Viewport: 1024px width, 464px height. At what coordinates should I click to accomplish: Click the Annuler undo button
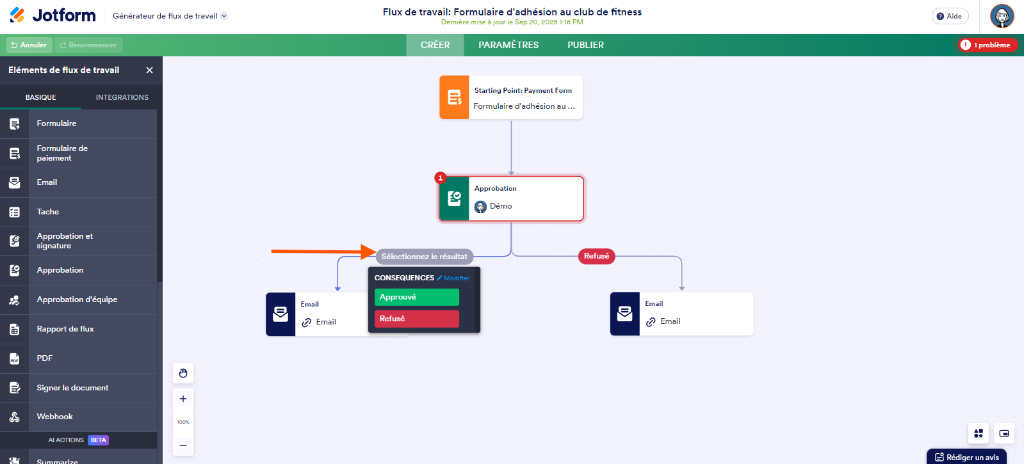click(29, 45)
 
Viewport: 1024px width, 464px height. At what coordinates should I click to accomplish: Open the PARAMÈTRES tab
click(508, 45)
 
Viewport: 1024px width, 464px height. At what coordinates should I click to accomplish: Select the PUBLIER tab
click(585, 45)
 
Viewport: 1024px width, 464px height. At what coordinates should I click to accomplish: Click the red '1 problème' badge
click(987, 45)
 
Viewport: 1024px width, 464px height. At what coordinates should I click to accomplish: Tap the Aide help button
click(950, 16)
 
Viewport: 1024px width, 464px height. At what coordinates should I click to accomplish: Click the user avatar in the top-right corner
click(1002, 16)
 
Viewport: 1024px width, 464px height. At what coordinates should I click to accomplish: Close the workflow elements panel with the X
click(149, 70)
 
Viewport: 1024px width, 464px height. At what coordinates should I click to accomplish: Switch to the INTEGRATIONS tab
click(122, 97)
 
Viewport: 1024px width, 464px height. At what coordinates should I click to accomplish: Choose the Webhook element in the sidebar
click(55, 417)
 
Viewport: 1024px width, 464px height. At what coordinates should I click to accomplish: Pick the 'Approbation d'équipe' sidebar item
click(77, 300)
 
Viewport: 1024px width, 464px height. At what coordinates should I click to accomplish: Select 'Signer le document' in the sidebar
click(72, 388)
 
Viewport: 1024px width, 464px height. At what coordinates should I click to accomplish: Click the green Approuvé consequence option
click(416, 297)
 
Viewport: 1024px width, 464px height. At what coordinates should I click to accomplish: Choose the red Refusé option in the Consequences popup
click(416, 319)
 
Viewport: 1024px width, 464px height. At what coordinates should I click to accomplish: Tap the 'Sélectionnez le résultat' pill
click(424, 257)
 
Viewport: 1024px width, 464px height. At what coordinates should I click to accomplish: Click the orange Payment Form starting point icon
click(454, 97)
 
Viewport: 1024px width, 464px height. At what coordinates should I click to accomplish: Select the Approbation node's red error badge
click(441, 178)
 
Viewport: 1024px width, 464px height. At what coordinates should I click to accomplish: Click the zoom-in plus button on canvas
click(183, 399)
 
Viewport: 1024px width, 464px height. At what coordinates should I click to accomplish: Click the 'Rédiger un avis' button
click(967, 457)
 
